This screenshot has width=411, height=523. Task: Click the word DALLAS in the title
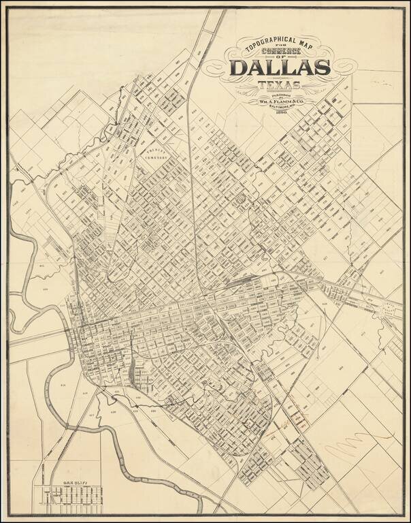pos(280,67)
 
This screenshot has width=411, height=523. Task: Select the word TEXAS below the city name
pos(280,86)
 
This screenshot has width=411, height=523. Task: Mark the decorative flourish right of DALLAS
pos(344,67)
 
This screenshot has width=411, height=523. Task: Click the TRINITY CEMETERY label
pos(154,153)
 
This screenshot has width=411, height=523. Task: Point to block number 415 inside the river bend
pos(63,385)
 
